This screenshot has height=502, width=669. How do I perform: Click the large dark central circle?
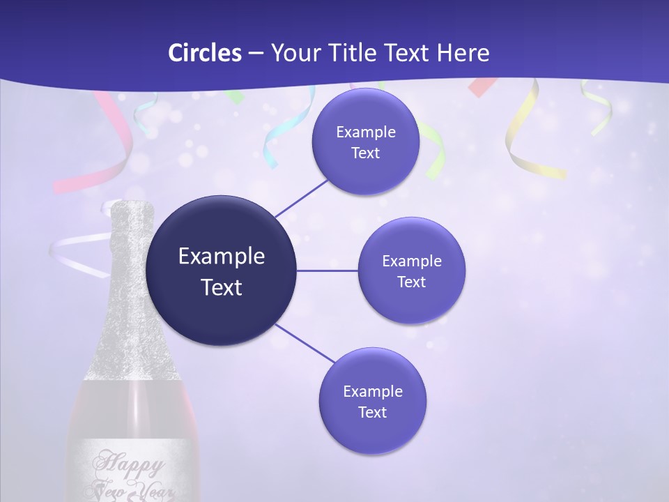221,271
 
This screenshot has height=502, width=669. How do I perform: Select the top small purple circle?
365,142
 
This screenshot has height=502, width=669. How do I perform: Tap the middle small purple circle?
411,271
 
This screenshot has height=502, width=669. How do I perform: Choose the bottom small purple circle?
372,401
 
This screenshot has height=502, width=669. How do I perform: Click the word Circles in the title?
204,53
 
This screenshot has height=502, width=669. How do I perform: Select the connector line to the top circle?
301,198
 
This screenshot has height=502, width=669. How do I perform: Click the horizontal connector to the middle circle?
327,271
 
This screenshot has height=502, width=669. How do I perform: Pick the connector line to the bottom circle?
305,343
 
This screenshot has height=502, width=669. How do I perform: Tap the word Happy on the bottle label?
130,462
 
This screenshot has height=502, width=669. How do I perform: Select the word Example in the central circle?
221,256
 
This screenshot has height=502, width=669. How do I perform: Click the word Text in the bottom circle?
372,412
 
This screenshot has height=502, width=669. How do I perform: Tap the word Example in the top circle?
365,132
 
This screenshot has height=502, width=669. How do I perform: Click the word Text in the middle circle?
411,282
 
